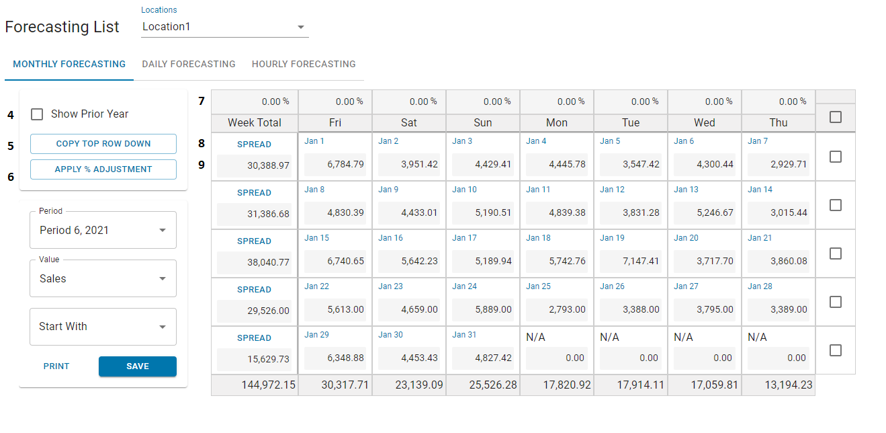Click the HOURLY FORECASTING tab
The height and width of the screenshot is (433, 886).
(x=304, y=65)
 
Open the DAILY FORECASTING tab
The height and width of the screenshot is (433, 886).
(x=189, y=65)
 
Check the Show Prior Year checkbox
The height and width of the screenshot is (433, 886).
(x=38, y=114)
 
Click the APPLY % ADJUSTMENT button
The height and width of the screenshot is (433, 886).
(x=103, y=169)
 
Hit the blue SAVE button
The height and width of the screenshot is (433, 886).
(x=138, y=366)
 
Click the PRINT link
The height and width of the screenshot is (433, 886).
(x=56, y=366)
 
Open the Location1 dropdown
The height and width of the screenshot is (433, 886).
(x=224, y=27)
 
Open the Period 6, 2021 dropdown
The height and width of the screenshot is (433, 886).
(x=103, y=230)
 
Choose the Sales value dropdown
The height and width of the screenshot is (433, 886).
(x=103, y=278)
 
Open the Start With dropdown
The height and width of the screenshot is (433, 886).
(x=103, y=327)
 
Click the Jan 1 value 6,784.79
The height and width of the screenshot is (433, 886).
(x=335, y=164)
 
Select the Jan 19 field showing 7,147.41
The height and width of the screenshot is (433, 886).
(x=630, y=261)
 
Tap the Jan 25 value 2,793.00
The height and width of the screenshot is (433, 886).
(x=556, y=309)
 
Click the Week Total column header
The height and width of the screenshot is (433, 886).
(x=255, y=123)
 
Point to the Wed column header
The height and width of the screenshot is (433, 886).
(x=705, y=123)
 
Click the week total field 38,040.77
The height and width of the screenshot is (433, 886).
(x=255, y=262)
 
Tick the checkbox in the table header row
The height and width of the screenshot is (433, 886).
(x=836, y=117)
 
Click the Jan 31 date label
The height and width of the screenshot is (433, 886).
(x=463, y=335)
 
